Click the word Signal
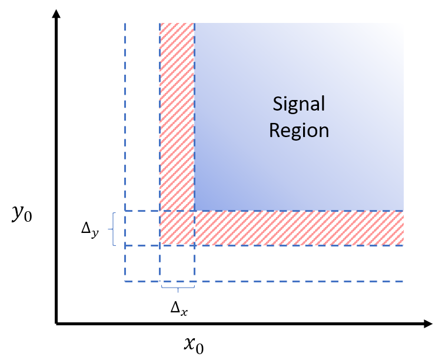(x=298, y=104)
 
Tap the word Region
(x=298, y=130)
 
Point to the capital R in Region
(x=274, y=129)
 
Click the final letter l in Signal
(x=323, y=104)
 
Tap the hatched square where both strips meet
(x=177, y=228)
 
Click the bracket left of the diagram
(x=112, y=228)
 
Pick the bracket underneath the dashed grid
(x=178, y=288)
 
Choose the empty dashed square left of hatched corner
(x=142, y=228)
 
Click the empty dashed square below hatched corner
(x=177, y=264)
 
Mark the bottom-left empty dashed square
(x=142, y=264)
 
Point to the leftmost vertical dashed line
(x=125, y=118)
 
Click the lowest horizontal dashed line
(x=294, y=281)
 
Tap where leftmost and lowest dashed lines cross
(x=125, y=281)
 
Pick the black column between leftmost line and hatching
(x=142, y=118)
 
